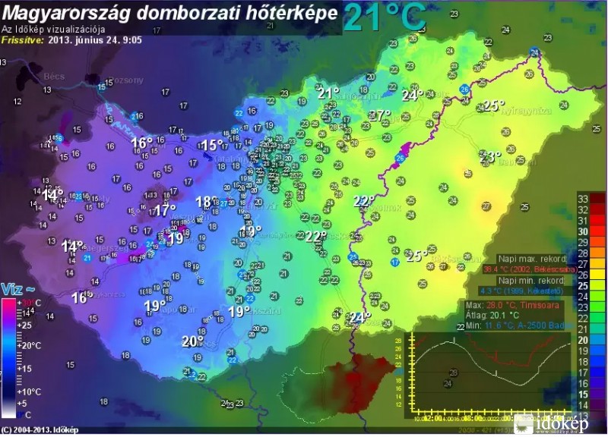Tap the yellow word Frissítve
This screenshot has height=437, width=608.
click(23, 40)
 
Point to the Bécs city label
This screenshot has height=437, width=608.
click(34, 77)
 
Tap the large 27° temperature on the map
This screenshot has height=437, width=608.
click(379, 116)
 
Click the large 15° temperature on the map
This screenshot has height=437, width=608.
click(212, 145)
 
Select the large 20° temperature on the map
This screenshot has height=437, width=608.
click(192, 341)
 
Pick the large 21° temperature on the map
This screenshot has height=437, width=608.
click(328, 93)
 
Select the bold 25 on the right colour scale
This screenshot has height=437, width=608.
click(584, 286)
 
